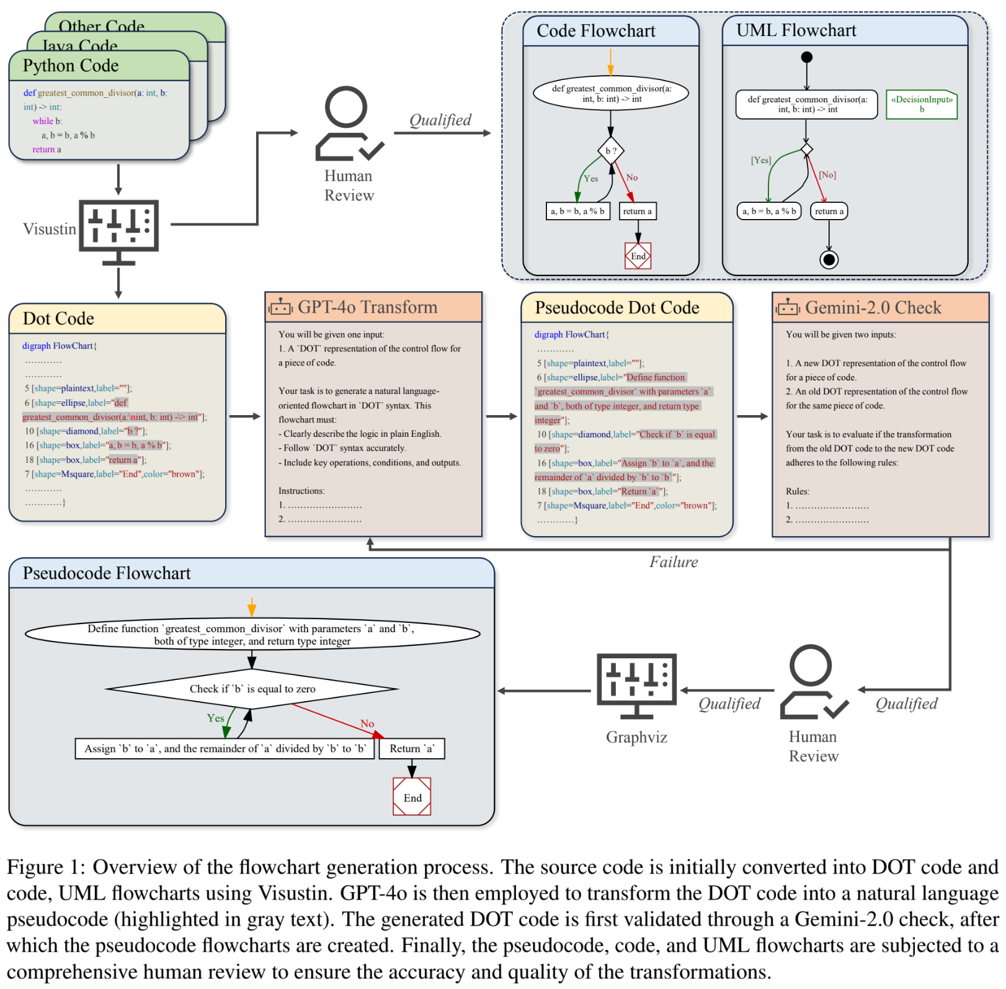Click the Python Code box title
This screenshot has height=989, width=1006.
71,66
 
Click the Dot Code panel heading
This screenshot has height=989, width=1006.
58,319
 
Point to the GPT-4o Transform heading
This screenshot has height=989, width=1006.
367,307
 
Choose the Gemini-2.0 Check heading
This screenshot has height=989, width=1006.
873,308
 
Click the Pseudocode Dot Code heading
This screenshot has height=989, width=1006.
617,308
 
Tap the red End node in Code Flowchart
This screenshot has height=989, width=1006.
638,256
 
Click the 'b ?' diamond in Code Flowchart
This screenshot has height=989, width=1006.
611,151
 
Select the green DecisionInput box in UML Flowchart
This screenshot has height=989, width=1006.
922,104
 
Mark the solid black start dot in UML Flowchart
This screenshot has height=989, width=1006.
806,57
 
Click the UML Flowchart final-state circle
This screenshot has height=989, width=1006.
829,259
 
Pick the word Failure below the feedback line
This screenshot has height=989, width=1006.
674,562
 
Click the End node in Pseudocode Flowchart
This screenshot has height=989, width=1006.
412,797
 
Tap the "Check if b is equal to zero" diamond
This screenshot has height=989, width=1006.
252,689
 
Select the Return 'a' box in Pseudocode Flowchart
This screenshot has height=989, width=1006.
412,749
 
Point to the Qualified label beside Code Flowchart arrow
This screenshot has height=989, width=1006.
440,120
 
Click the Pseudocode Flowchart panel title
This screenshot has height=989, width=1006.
107,573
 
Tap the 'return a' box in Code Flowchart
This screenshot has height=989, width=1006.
638,212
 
